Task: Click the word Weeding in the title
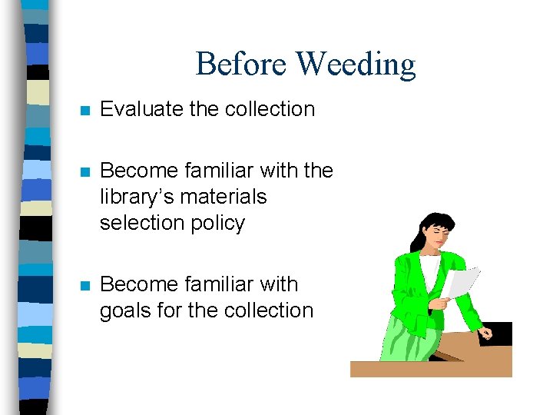tap(356, 65)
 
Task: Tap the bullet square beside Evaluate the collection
tap(85, 110)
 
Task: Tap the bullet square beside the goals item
tap(85, 285)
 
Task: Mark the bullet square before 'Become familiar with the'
tap(85, 171)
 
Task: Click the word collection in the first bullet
tap(270, 109)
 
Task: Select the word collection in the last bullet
tap(269, 310)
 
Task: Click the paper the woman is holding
tap(461, 280)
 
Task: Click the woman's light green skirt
tap(407, 339)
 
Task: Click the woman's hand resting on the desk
tap(485, 333)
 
